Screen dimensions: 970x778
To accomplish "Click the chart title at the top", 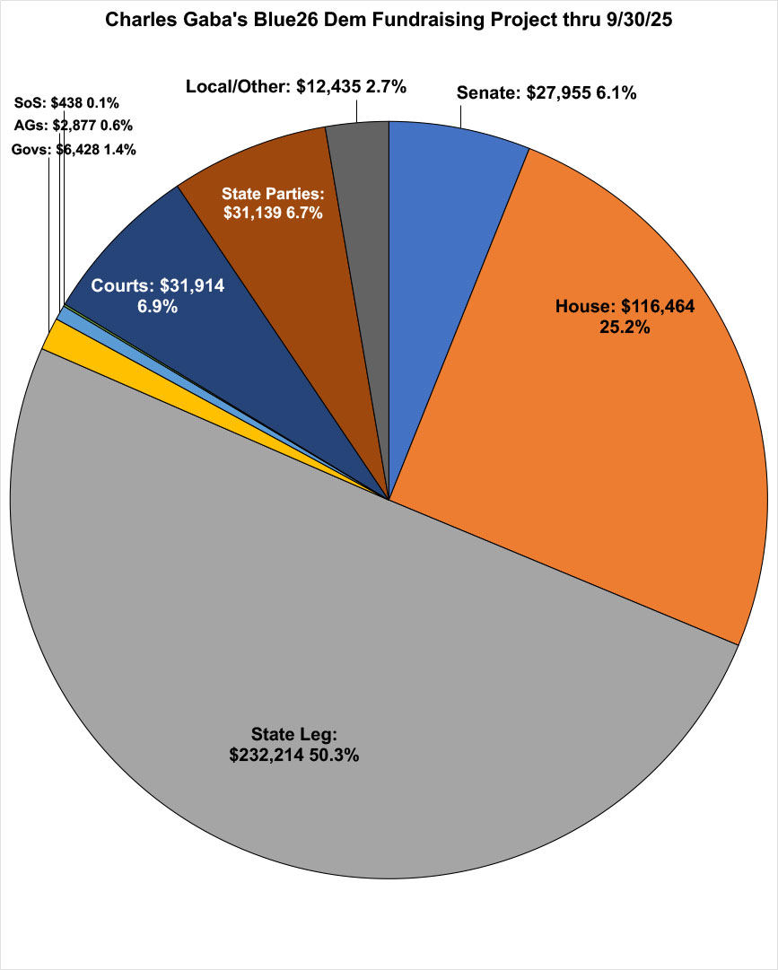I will [388, 20].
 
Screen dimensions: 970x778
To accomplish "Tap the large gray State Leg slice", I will [359, 673].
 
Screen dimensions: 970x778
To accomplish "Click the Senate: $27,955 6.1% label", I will [546, 92].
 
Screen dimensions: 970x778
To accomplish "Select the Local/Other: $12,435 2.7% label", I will [296, 87].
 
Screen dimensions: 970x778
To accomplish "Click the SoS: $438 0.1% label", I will [67, 103].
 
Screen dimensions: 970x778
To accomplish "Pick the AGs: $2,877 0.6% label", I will [74, 126].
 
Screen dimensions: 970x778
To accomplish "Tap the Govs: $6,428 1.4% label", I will [74, 150].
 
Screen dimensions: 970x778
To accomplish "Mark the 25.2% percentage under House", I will [625, 327].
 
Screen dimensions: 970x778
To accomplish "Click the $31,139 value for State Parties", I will [253, 213].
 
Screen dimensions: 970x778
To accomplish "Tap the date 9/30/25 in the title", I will [636, 20].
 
